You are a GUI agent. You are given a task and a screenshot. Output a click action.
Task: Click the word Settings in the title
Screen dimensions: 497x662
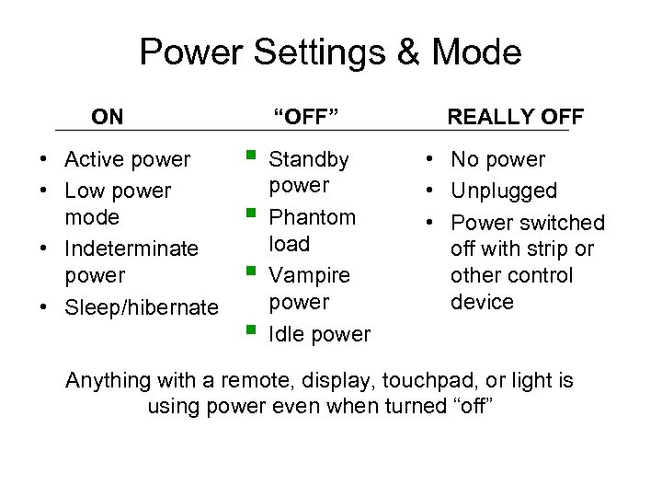pos(313,52)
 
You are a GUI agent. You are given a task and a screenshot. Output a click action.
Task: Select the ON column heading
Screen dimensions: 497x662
pos(108,117)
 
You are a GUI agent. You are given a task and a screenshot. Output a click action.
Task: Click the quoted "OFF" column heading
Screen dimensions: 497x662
pos(306,117)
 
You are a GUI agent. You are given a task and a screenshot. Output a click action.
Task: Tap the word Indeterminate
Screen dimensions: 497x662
pos(131,248)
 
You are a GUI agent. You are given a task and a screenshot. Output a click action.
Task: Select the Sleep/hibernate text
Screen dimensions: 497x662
pos(142,306)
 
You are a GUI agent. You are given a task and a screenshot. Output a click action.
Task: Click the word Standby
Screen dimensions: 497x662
pos(309,160)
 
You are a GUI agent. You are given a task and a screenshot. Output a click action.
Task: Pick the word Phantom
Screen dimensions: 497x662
pos(312,218)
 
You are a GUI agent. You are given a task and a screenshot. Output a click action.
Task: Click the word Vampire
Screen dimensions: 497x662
pos(309,275)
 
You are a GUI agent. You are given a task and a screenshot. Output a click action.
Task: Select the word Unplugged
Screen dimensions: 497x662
pos(504,191)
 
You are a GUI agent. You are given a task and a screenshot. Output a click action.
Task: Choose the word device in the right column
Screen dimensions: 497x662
pos(482,302)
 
